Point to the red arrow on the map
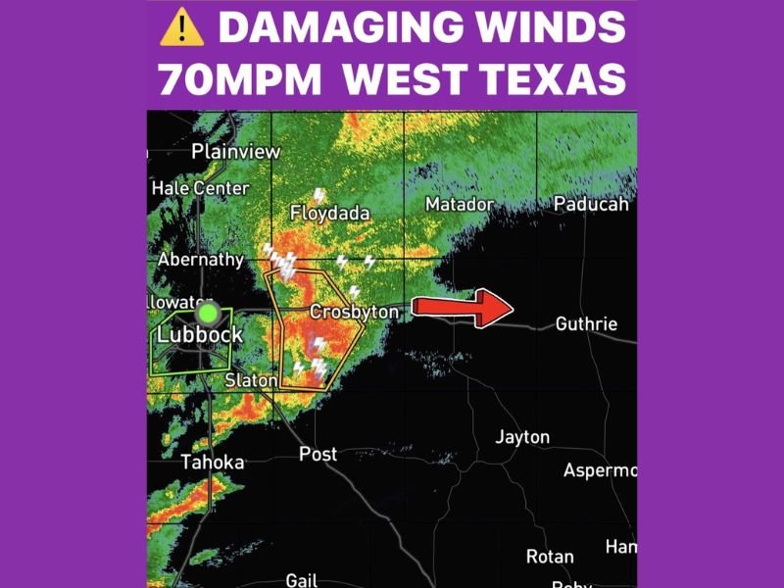[x=462, y=307]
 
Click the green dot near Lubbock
[x=208, y=314]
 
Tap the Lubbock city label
[x=199, y=334]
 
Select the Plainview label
[x=235, y=152]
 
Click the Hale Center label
[x=200, y=187]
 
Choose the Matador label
[x=459, y=204]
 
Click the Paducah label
[x=590, y=204]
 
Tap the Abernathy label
[x=200, y=260]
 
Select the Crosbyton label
[x=354, y=312]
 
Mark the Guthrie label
[x=586, y=323]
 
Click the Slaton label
[x=251, y=379]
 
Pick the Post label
[x=318, y=454]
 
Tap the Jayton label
[x=522, y=437]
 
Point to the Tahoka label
[x=212, y=462]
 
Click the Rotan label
[x=550, y=557]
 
